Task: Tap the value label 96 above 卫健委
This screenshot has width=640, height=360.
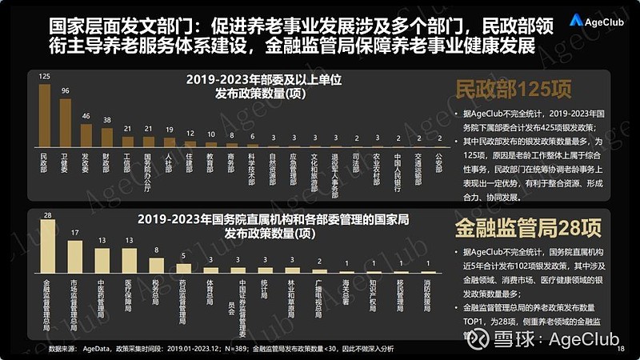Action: click(65, 90)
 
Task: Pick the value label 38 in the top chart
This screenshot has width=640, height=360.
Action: click(106, 119)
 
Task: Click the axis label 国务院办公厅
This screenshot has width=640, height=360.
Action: click(148, 169)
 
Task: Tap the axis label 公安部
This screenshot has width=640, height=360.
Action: click(439, 164)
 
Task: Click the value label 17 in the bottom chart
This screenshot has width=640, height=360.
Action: click(74, 234)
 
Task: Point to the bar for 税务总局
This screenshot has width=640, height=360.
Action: click(156, 264)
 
